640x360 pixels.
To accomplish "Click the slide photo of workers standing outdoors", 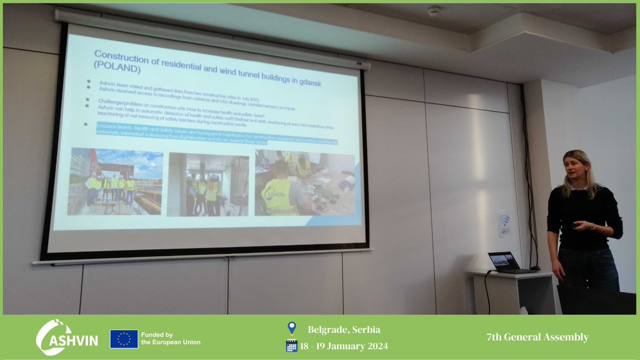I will [x=115, y=181].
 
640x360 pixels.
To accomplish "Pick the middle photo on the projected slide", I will [x=207, y=185].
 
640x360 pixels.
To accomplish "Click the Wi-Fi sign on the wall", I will [x=504, y=224].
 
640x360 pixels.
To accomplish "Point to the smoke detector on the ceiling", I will [x=434, y=11].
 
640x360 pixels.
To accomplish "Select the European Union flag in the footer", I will [x=124, y=339].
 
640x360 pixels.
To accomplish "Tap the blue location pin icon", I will [x=291, y=328].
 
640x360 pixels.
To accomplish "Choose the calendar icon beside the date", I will [x=291, y=346].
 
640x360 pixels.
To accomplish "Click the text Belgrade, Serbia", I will [x=344, y=330].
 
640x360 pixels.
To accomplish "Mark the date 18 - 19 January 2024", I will [x=343, y=346].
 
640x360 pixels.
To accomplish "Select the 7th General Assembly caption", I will [x=537, y=337].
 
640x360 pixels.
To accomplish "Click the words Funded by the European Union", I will [x=171, y=338].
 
